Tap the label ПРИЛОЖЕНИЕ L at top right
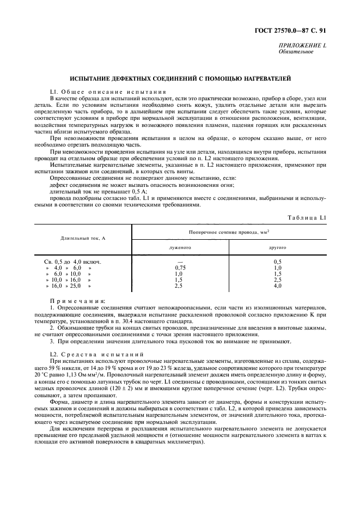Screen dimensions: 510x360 click(302, 46)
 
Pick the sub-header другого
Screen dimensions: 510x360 click(277, 247)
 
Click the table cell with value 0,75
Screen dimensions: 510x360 click(180, 268)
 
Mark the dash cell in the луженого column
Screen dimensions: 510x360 click(180, 262)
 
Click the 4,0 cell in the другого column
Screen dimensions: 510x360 click(277, 286)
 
